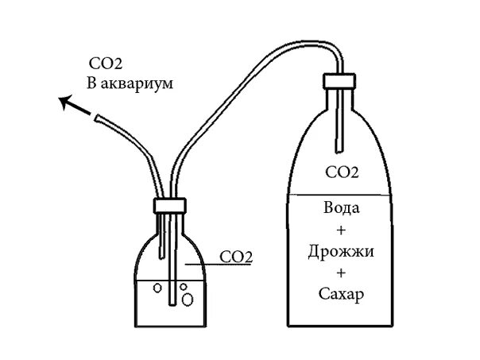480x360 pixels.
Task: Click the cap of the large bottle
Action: point(341,81)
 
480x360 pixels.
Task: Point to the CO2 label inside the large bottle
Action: point(342,172)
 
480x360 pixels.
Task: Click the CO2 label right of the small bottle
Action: point(235,257)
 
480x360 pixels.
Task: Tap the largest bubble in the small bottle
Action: point(188,299)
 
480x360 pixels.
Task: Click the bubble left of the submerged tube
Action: point(157,288)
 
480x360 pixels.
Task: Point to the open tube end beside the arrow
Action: point(95,119)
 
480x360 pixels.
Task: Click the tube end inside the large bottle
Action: point(339,153)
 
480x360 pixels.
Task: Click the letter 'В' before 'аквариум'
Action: point(91,83)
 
